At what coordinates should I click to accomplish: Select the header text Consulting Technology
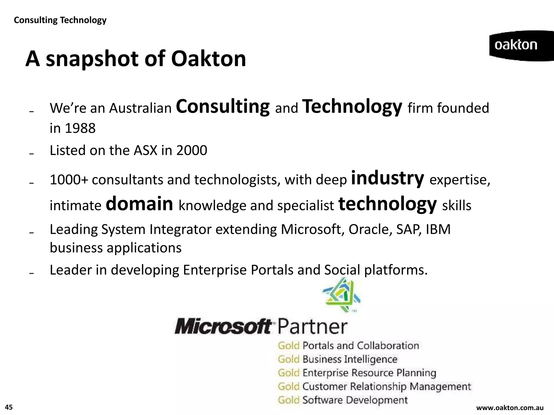pos(60,20)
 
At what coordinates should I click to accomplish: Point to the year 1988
pos(80,128)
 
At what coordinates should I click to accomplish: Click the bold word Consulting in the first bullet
pos(223,107)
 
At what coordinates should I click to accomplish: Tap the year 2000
pos(192,150)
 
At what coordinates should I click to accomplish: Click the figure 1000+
pos(69,180)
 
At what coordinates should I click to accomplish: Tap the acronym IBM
pos(438,229)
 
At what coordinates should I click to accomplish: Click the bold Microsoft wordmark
pos(223,327)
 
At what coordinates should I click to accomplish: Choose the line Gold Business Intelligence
pos(337,359)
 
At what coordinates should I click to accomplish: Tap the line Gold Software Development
pos(342,400)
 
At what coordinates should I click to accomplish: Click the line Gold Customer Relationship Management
pos(374,387)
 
